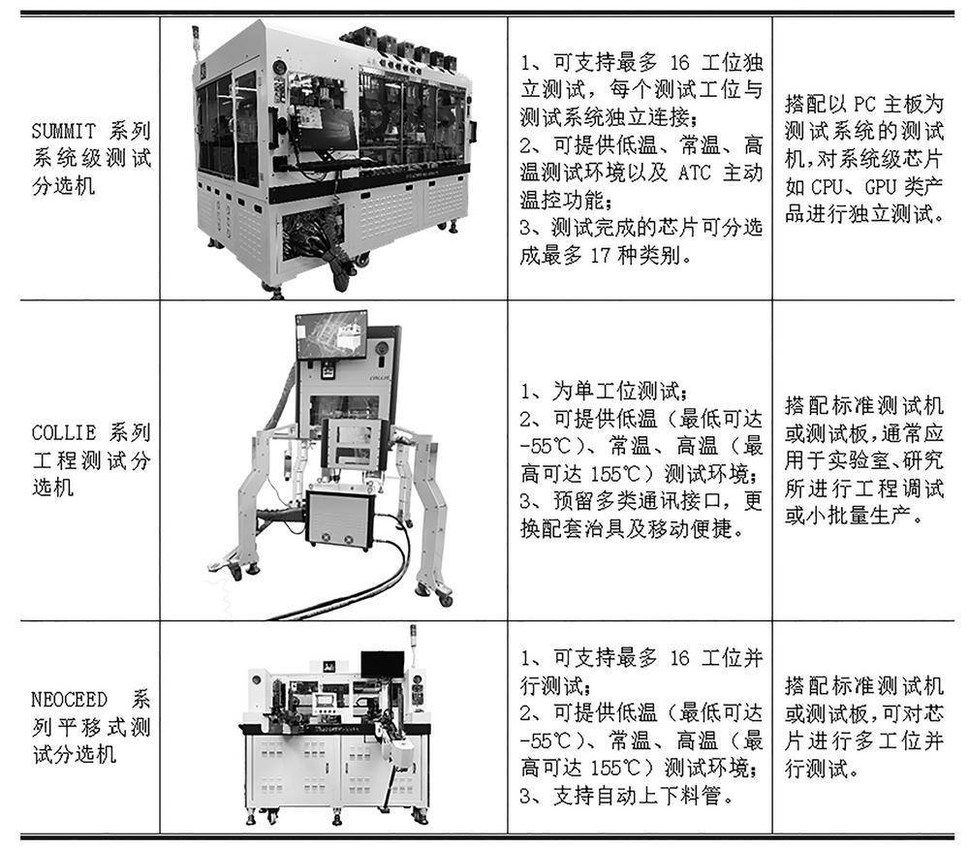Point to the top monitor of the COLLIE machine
(332, 333)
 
